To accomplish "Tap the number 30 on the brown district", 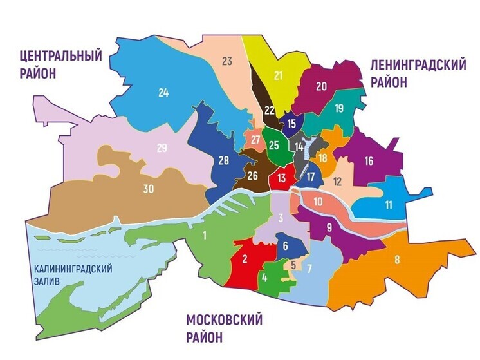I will click(x=147, y=189).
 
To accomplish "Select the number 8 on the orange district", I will click(x=397, y=260).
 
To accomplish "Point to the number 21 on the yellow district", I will click(x=278, y=76).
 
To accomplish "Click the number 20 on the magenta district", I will click(x=322, y=86).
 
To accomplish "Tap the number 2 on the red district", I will click(x=245, y=260).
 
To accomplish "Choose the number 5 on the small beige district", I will click(x=293, y=264).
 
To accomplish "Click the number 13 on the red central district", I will click(x=282, y=178).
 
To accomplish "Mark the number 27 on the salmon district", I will click(x=255, y=140).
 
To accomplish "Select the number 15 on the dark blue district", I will click(x=291, y=123).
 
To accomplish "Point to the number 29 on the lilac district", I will click(x=162, y=148).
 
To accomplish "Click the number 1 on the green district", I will click(x=205, y=235).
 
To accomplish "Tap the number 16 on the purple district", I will click(x=369, y=161).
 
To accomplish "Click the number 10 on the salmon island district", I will click(x=317, y=202).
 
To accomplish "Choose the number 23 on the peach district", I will click(x=226, y=61).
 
